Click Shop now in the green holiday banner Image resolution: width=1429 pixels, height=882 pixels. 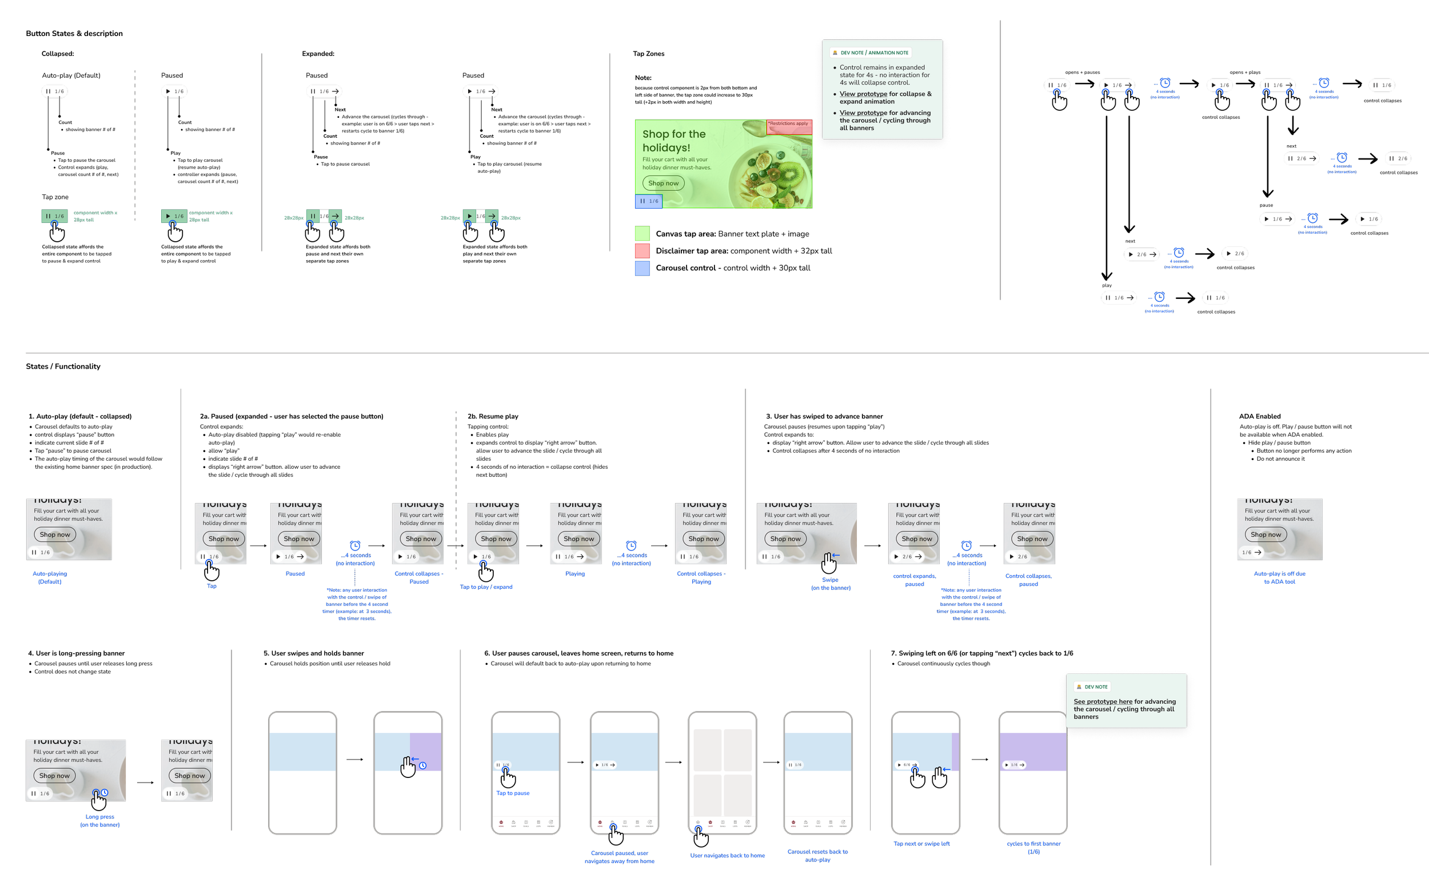(663, 183)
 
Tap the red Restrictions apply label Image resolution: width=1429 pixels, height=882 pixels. (789, 124)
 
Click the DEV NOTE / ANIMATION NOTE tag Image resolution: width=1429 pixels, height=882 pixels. (870, 53)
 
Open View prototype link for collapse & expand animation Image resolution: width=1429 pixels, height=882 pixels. (863, 94)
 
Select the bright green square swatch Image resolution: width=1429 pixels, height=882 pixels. (642, 233)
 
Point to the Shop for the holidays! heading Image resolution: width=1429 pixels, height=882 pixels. (674, 141)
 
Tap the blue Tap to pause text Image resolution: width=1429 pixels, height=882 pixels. (513, 793)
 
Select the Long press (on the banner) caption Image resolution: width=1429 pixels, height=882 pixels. (99, 821)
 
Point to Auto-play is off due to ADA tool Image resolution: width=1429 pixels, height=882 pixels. (1280, 577)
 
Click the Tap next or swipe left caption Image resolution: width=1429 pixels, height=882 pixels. (921, 844)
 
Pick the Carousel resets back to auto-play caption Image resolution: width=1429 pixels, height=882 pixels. (817, 856)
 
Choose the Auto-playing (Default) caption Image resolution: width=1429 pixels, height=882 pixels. (50, 577)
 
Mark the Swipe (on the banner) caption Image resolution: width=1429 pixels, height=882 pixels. (831, 584)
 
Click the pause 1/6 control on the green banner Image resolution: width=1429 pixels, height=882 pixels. (649, 201)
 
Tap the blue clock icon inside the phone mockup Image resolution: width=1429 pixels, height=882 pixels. (423, 765)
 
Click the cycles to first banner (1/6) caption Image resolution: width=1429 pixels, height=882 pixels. (1033, 848)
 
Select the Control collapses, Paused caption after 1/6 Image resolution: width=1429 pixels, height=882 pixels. (419, 577)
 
